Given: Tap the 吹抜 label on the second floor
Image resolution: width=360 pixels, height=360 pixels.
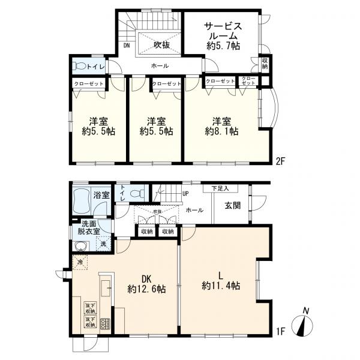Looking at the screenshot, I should point(161,45).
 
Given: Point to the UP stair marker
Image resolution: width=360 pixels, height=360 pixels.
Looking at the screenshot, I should point(185,194).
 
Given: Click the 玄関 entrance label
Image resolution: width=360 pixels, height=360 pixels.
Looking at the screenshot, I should point(233,206).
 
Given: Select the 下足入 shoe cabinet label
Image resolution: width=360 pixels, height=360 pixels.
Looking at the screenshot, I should point(220,189).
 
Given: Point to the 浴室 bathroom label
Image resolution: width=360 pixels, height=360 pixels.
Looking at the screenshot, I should point(101,195).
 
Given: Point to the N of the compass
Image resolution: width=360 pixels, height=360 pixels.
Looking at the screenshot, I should point(306,310).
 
